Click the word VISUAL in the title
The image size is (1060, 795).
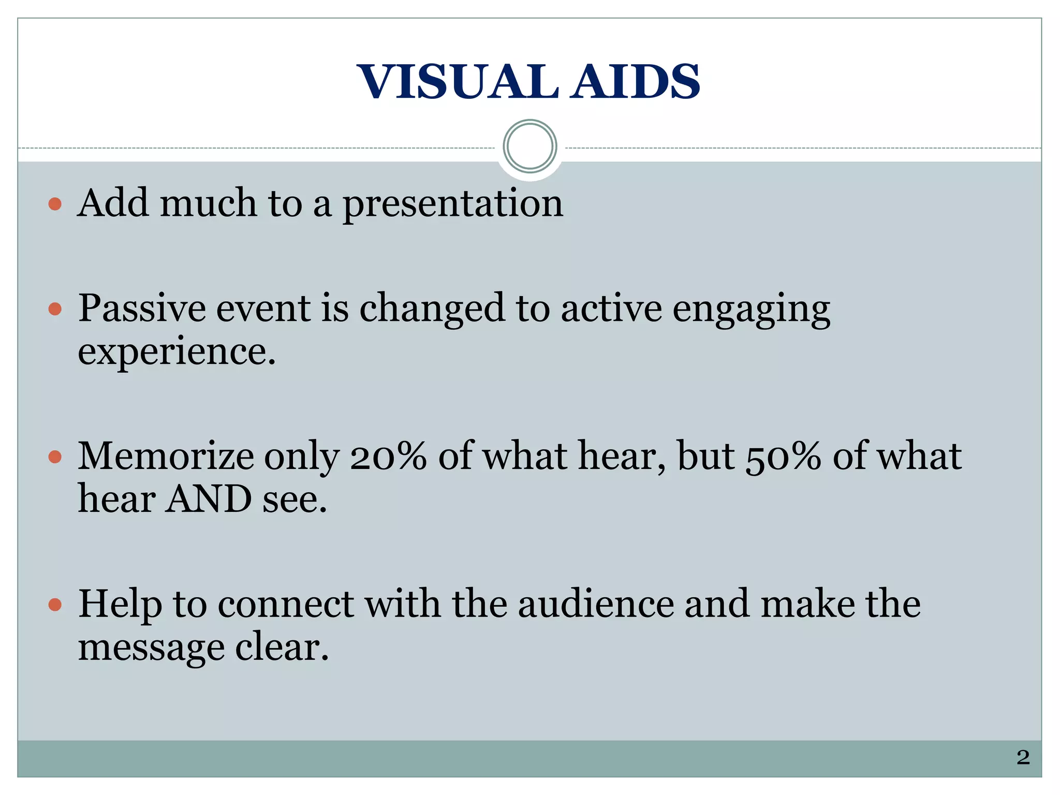pos(458,82)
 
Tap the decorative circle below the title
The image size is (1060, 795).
pos(529,146)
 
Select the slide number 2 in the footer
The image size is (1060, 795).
pos(1023,757)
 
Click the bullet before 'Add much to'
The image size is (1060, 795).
pos(55,204)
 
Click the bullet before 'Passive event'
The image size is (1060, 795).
pos(55,310)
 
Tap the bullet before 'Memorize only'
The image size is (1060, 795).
pos(55,457)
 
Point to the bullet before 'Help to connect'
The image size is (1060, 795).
pos(55,605)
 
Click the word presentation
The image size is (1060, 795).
pos(453,204)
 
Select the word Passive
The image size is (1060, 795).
pos(142,308)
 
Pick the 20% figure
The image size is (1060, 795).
pos(388,457)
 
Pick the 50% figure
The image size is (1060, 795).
pos(783,457)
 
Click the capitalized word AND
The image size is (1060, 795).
pos(208,499)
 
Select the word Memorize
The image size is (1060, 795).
pos(166,457)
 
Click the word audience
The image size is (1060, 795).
pos(596,605)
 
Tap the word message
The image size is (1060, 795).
pos(151,648)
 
